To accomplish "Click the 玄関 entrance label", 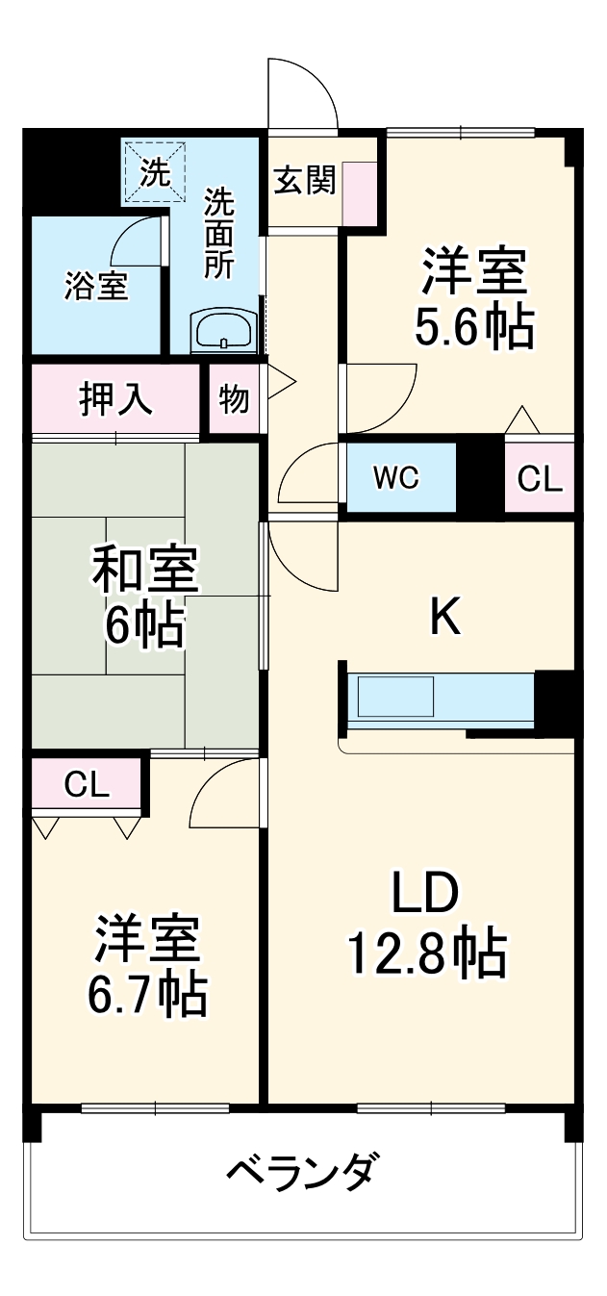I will [x=304, y=180].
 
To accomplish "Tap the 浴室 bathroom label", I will [x=96, y=286].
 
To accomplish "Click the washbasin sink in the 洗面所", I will [x=223, y=333].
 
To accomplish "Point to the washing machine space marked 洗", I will [x=154, y=173].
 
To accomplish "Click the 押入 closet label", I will [x=115, y=399].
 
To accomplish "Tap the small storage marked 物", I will [x=234, y=399].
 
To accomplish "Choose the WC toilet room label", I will [x=396, y=478].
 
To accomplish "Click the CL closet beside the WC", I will [x=540, y=478].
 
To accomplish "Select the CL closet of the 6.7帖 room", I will [x=87, y=785].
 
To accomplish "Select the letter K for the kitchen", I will [x=444, y=618].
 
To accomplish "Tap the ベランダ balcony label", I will [x=302, y=1173].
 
